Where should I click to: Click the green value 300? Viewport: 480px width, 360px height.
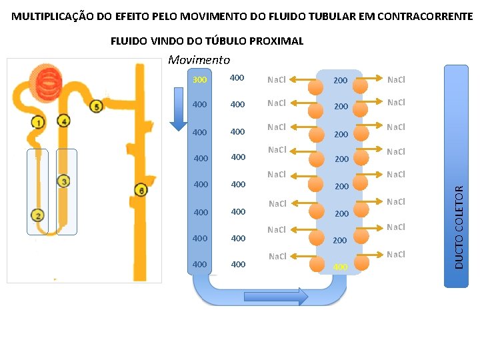tap(199, 80)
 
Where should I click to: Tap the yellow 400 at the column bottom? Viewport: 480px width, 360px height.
tap(340, 267)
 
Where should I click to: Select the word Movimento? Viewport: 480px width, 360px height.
tap(199, 60)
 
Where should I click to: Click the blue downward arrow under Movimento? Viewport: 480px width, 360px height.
tap(179, 109)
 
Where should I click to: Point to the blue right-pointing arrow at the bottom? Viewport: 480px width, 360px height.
tap(275, 297)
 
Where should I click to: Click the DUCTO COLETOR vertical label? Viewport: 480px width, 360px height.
tap(459, 227)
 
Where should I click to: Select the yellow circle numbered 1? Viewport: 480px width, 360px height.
tap(38, 122)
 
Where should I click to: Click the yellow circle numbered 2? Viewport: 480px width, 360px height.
tap(38, 215)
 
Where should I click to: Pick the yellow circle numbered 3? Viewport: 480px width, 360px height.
tap(64, 181)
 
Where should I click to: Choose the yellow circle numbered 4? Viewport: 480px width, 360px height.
tap(63, 121)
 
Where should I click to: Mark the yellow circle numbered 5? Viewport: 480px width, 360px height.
tap(96, 107)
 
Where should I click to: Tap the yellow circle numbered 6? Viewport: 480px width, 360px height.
tap(140, 191)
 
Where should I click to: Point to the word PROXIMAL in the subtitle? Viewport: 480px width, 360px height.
tap(278, 41)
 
